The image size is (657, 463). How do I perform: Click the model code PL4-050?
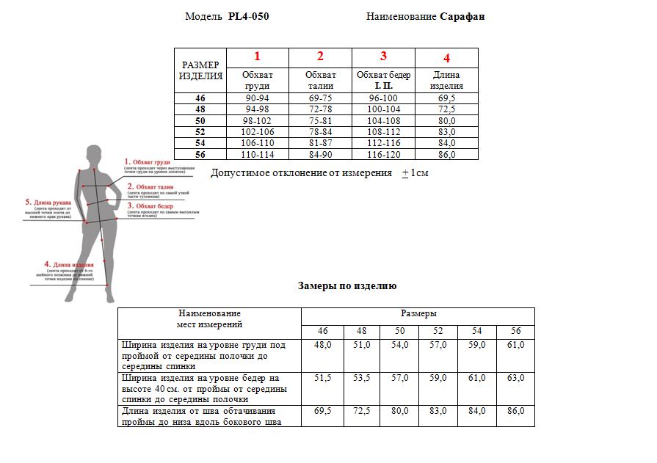pos(248,17)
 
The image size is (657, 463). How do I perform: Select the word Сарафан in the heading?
pos(462,17)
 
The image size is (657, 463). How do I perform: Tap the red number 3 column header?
pos(383,56)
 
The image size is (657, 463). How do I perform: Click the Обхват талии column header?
pos(320,80)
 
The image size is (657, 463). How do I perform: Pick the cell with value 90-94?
pos(258,98)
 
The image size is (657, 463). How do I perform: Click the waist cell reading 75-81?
pos(320,120)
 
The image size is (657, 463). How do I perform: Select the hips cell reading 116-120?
pos(383,154)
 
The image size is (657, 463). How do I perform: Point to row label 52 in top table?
pos(200,131)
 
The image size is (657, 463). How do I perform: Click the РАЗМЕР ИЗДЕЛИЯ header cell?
pos(200,70)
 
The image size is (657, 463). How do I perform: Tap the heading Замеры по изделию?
pos(347,286)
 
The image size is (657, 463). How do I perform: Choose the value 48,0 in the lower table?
pos(323,344)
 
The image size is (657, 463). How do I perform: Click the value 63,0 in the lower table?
pos(516,378)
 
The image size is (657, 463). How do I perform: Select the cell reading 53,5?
pos(362,378)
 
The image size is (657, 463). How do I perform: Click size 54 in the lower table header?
pos(477,331)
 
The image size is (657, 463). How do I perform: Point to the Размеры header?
pos(418,313)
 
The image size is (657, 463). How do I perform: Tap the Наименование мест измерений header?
pos(210,318)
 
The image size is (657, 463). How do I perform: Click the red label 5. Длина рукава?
pos(48,203)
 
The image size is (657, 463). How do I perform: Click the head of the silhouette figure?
pos(94,155)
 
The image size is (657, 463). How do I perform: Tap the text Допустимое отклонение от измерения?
pos(301,173)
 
